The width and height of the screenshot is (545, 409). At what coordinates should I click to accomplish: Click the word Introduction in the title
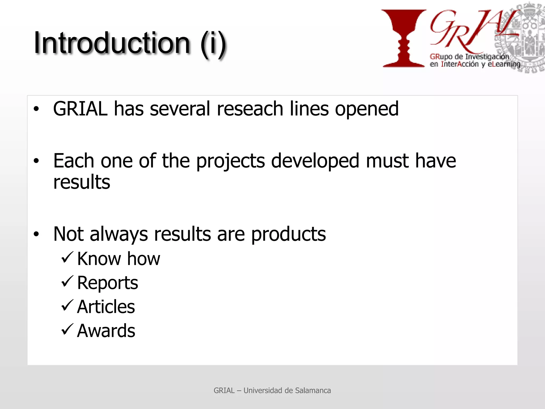[x=112, y=43]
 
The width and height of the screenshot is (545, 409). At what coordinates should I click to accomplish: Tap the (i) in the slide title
[x=213, y=44]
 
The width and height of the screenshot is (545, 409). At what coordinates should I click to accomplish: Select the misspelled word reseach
[x=250, y=109]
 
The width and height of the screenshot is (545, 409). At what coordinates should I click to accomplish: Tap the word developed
[x=315, y=161]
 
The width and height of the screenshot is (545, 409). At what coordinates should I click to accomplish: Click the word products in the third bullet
[x=288, y=235]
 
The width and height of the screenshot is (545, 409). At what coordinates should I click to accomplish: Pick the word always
[x=119, y=235]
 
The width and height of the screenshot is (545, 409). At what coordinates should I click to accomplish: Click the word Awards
[x=106, y=331]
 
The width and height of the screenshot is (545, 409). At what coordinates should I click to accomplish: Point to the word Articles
[x=106, y=307]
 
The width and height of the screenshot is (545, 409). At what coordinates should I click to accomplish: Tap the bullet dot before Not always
[x=36, y=234]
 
